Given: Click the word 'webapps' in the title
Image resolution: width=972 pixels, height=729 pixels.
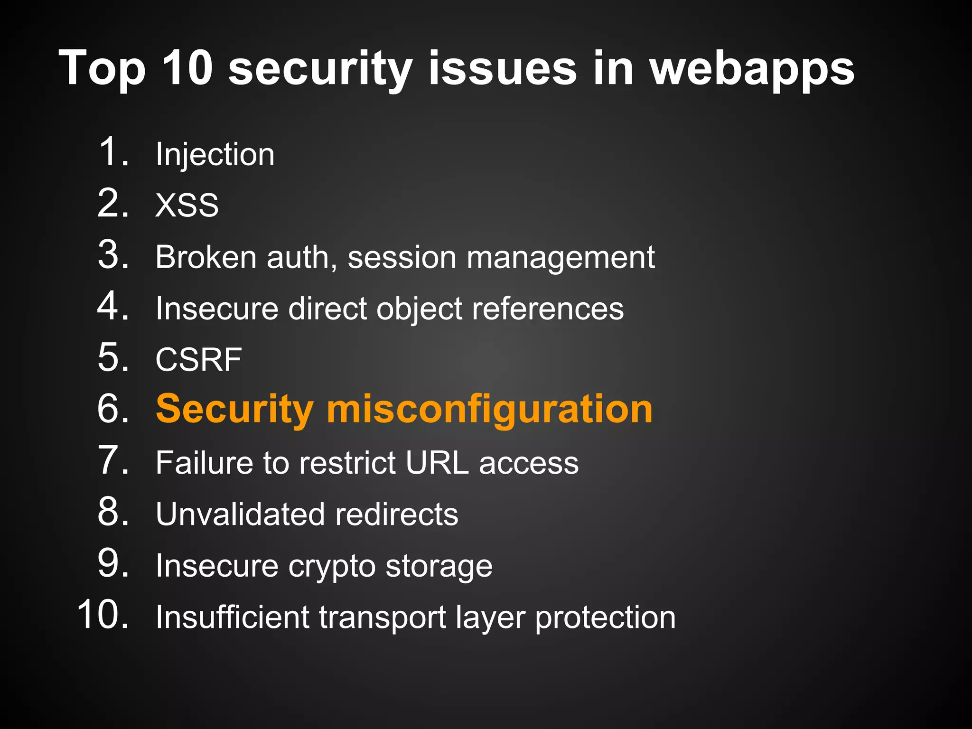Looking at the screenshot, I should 752,69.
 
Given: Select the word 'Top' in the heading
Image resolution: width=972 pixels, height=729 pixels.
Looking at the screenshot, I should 102,69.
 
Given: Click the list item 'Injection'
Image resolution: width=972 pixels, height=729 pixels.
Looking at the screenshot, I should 215,155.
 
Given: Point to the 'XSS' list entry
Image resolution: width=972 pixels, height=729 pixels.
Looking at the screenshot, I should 187,206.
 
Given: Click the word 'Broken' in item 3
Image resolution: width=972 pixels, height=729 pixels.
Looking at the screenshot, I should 206,257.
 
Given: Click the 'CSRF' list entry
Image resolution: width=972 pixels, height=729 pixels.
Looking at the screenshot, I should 199,359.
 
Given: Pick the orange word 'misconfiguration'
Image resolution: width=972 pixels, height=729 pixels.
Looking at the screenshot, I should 489,409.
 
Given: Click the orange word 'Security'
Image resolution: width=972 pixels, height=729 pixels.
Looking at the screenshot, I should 234,409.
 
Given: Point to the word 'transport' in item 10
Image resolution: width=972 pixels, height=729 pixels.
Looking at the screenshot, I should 382,617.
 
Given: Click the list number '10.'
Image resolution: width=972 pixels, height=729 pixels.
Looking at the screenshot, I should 103,615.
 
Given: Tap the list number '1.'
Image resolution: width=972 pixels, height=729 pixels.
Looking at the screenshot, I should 114,152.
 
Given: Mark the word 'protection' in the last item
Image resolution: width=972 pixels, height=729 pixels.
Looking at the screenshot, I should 605,617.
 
